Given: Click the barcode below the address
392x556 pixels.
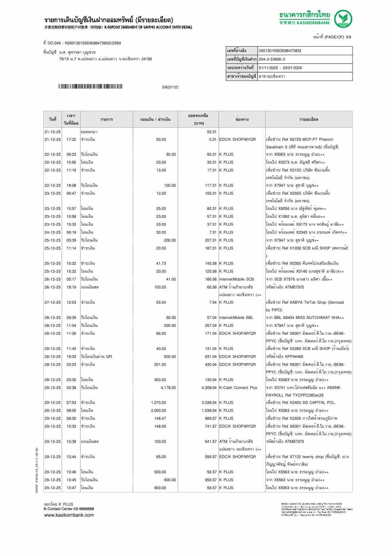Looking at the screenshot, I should pos(90,87).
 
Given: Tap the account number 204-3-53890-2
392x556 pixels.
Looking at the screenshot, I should pos(272,59).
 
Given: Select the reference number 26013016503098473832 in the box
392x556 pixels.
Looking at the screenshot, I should pos(280,51).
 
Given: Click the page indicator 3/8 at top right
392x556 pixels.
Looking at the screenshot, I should pos(348,37).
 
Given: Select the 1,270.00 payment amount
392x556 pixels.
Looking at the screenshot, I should pos(158,403).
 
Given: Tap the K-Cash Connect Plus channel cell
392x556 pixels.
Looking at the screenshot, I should pos(238,388).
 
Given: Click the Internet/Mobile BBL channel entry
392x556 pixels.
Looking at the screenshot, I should pos(236,318).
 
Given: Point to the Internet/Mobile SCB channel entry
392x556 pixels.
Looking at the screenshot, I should pos(236,279).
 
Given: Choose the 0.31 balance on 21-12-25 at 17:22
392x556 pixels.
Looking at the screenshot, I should pos(213,139).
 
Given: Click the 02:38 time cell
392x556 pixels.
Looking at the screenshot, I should pos(71,388).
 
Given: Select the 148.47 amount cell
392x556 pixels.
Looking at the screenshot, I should pos(160,418).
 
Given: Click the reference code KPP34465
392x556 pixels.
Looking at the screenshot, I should pos(294,357).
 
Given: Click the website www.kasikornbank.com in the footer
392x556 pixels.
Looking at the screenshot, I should pos(69,515).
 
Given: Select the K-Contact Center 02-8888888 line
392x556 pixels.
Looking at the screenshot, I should pos(69,509).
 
